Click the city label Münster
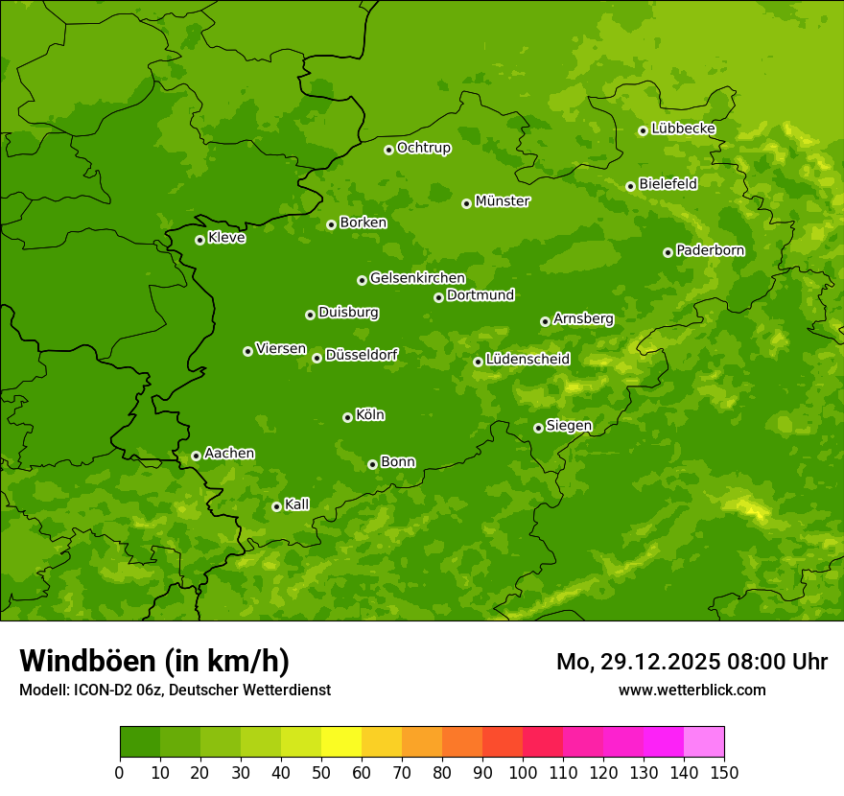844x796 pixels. [x=503, y=201]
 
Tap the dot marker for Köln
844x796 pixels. [x=347, y=417]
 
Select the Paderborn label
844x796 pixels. [x=710, y=250]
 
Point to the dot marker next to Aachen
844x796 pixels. [x=196, y=456]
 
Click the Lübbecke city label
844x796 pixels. [x=683, y=129]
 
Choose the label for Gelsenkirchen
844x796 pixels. [x=417, y=278]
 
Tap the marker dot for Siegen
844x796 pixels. [x=538, y=428]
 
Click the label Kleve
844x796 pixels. [x=226, y=238]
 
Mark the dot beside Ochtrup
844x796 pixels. [x=388, y=150]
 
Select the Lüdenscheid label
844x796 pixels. [x=527, y=360]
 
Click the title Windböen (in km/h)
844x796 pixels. [x=154, y=661]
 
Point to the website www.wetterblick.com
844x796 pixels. [x=692, y=690]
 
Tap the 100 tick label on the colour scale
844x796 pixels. [x=522, y=772]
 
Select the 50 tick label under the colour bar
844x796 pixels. [x=321, y=772]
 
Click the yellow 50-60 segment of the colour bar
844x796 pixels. [x=341, y=742]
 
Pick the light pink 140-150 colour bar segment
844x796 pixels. [x=704, y=742]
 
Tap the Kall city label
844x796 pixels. [x=297, y=504]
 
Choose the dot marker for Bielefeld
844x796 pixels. [x=630, y=186]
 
